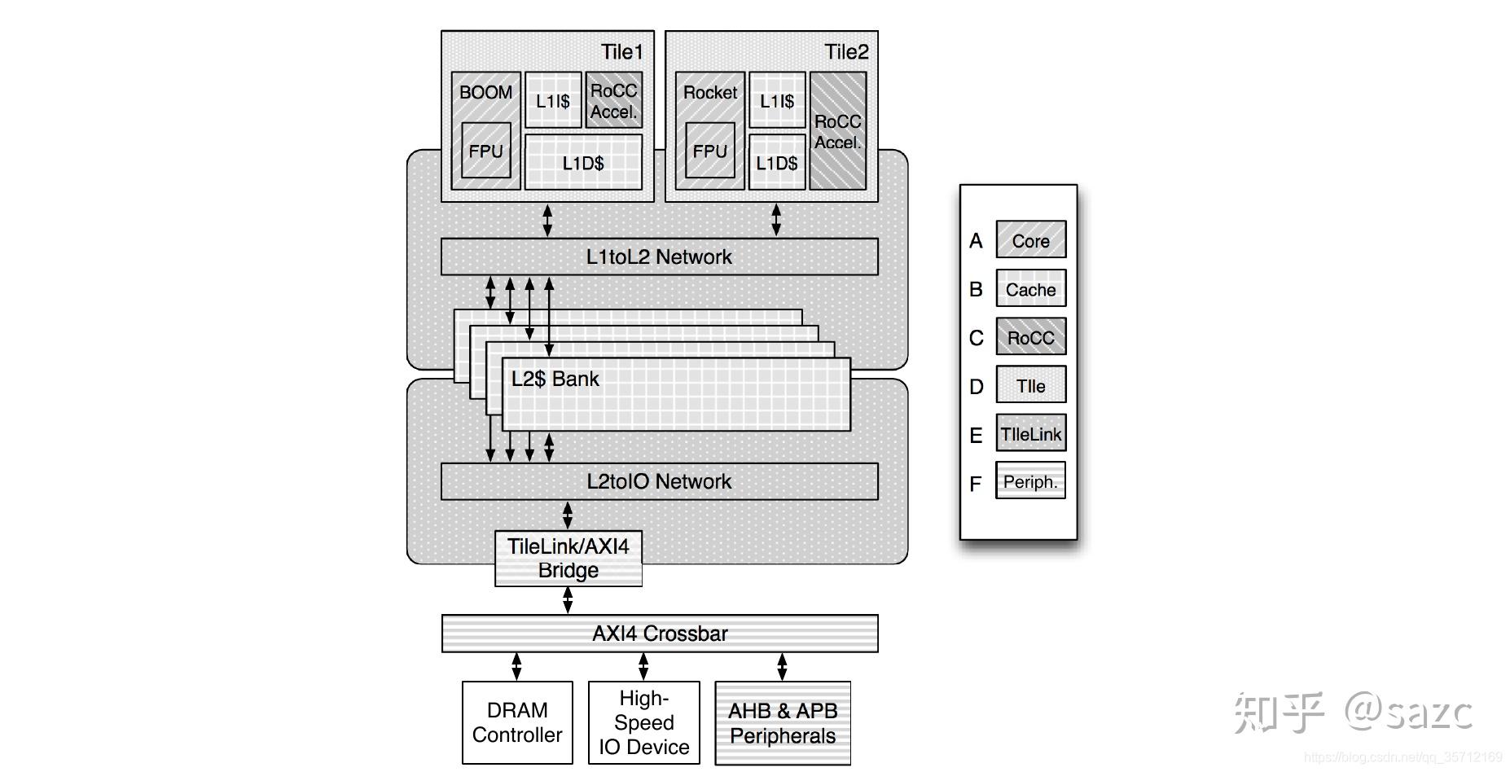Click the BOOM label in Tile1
(485, 92)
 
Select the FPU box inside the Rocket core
(709, 151)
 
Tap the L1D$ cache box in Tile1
(583, 163)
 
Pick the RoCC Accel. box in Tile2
(837, 131)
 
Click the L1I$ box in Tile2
(776, 101)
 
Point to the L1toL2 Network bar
(659, 257)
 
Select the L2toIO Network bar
(659, 481)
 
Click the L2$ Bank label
(555, 379)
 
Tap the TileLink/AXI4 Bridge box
(568, 559)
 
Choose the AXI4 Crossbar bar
(659, 634)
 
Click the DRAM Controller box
(517, 722)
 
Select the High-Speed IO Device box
(643, 722)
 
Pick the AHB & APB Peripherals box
(782, 723)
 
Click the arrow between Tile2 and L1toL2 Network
(776, 220)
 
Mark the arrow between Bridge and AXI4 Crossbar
(568, 600)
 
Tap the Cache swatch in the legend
(1030, 289)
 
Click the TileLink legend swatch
(1030, 434)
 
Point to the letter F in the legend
(975, 485)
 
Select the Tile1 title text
(621, 52)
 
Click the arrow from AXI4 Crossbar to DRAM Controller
(516, 666)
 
